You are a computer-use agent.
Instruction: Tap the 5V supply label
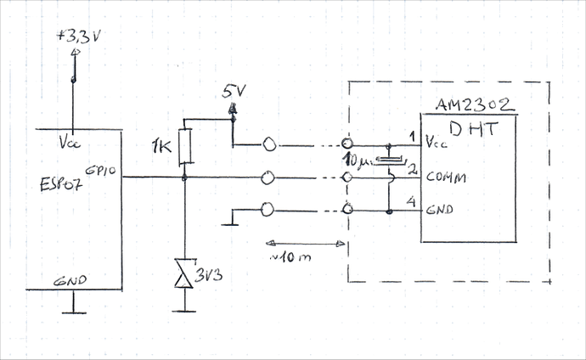coord(232,91)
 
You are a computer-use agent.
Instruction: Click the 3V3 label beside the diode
coord(210,276)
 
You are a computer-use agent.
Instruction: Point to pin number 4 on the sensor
coord(412,201)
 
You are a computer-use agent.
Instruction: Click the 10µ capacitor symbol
coord(389,160)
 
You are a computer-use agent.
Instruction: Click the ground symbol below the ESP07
coord(75,310)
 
